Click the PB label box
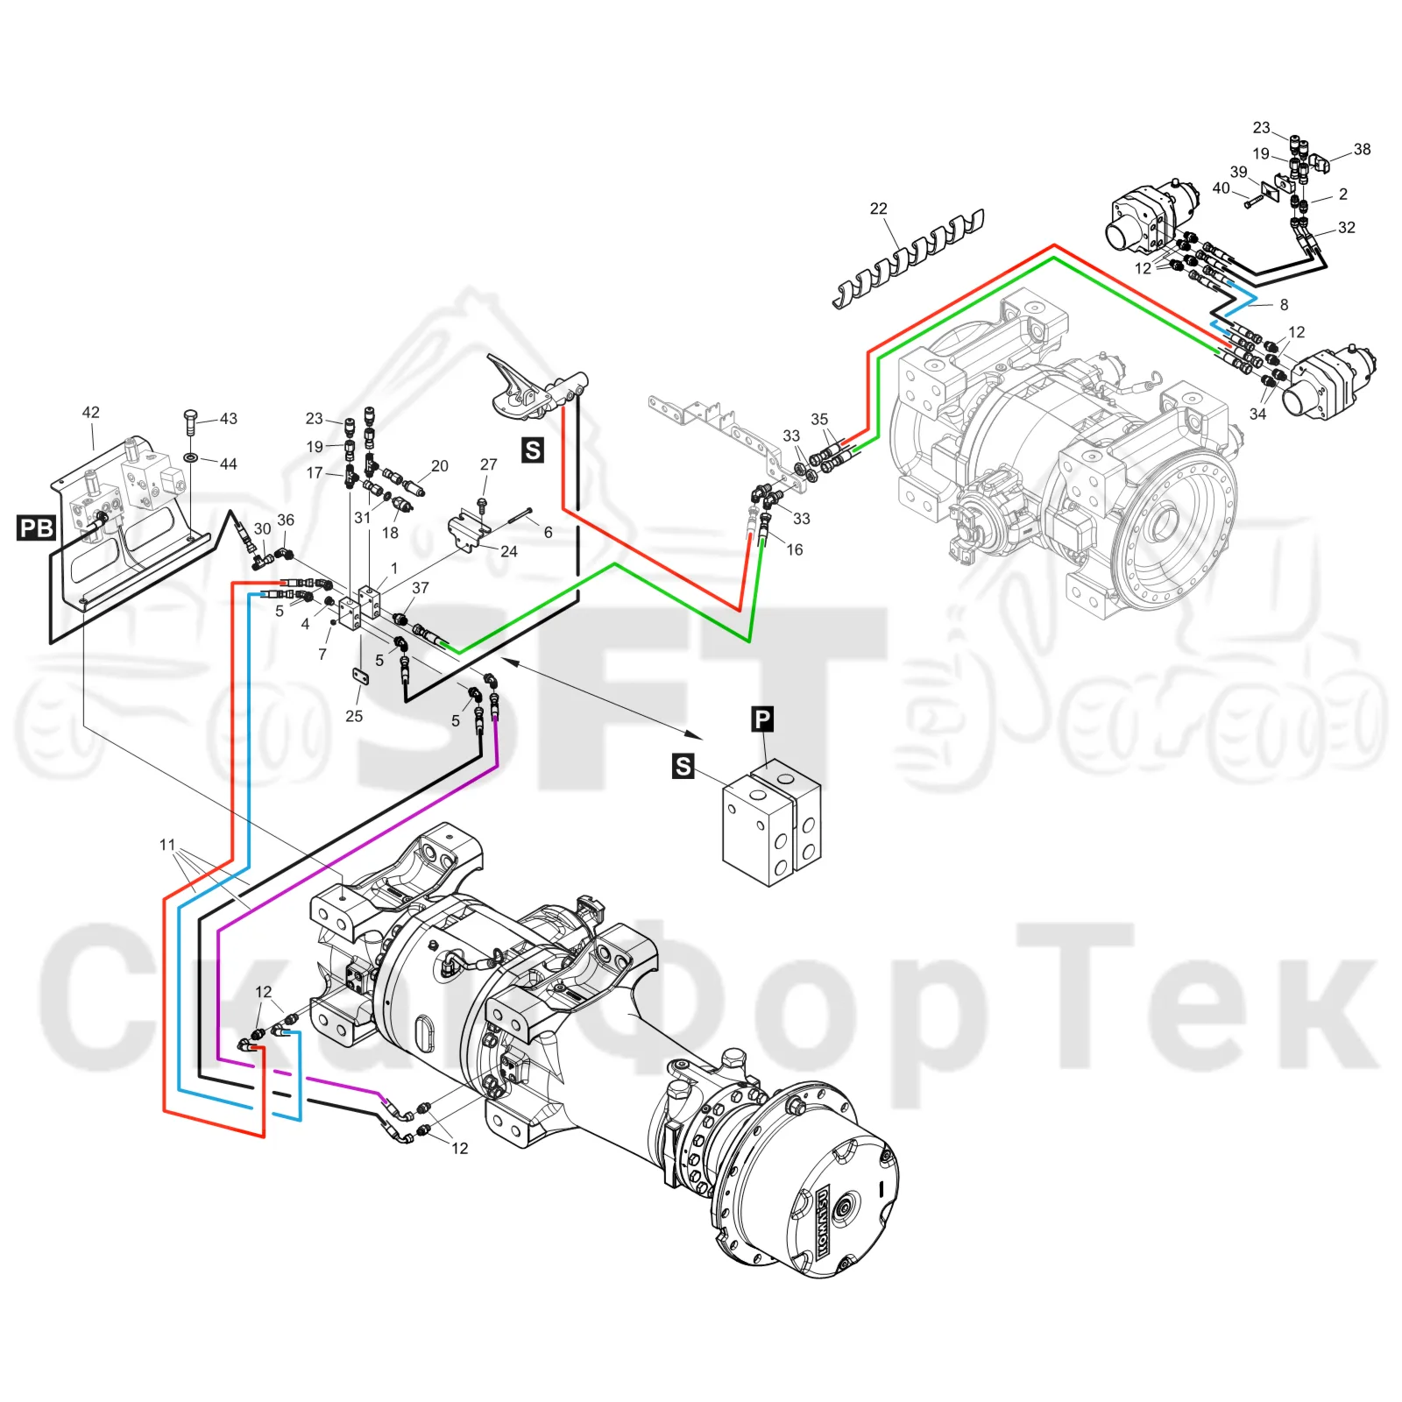point(37,528)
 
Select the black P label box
point(762,719)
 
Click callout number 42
point(91,412)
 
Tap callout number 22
point(878,209)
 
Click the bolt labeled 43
point(192,422)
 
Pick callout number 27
point(489,464)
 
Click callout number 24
point(509,551)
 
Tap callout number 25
point(354,716)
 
